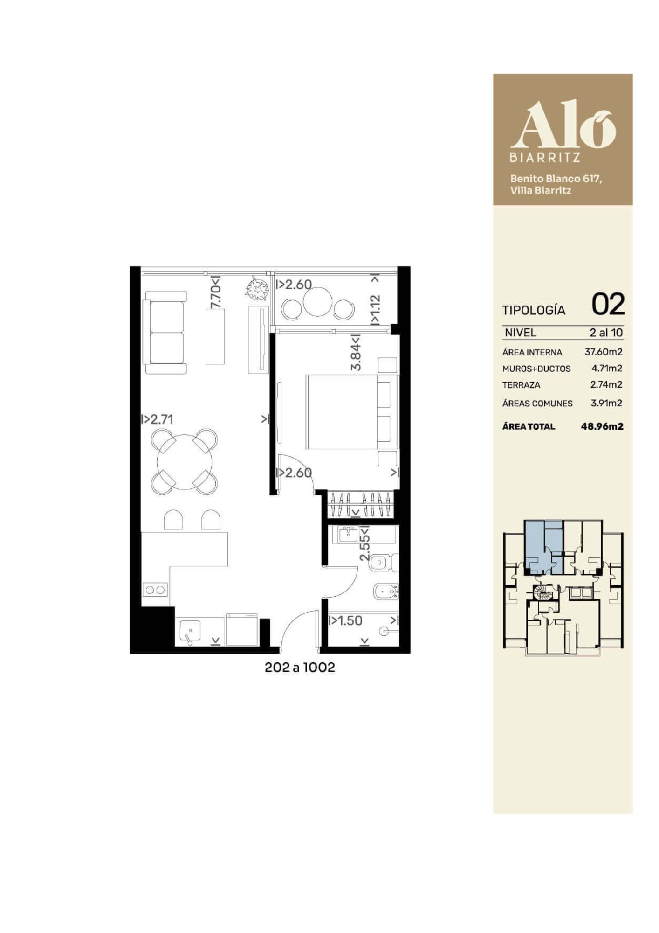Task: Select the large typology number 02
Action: point(608,305)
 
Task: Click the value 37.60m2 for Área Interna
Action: point(604,352)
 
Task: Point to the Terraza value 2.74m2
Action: point(606,384)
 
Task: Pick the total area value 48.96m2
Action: point(602,426)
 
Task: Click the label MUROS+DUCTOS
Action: point(536,369)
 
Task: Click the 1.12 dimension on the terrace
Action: point(375,305)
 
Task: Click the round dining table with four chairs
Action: point(185,461)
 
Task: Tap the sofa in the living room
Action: point(165,333)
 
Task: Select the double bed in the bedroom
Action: point(352,411)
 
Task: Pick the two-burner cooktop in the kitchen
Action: point(155,590)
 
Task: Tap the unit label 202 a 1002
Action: point(300,668)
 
